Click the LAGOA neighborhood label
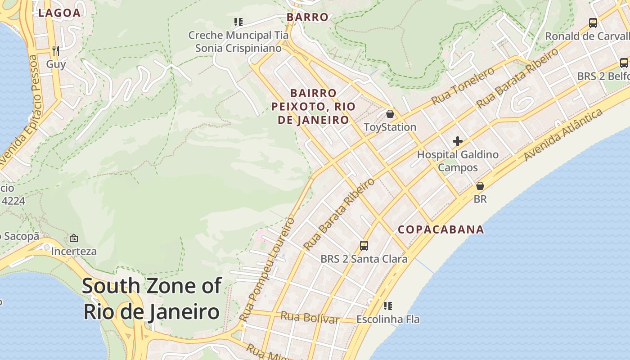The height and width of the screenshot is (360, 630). point(59,13)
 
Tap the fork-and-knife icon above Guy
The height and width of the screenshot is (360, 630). point(56,50)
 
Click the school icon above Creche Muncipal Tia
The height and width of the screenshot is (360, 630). point(238,22)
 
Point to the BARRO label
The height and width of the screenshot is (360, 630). point(308,18)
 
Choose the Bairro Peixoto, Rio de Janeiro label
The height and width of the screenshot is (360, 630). point(313,107)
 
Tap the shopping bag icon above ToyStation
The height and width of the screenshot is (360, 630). point(390,114)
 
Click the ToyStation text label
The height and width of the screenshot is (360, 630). point(390,127)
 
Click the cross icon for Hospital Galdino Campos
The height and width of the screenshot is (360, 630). point(458,141)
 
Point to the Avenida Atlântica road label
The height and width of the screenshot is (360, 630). point(563,135)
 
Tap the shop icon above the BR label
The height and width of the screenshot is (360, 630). point(480,186)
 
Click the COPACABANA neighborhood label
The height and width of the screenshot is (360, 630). point(441,229)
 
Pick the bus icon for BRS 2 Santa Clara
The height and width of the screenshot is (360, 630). point(364,246)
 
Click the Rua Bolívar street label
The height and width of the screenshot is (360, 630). point(310,317)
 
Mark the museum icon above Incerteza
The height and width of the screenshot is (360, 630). point(74,238)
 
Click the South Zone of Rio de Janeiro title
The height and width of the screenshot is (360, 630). point(152,298)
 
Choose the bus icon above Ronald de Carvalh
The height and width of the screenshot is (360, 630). point(593,22)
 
